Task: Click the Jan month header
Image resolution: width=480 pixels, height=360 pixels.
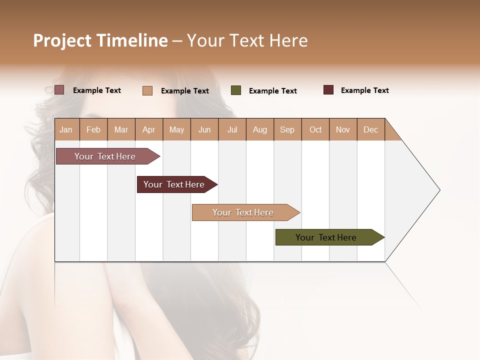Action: pos(66,129)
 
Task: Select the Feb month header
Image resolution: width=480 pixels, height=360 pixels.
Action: pos(93,129)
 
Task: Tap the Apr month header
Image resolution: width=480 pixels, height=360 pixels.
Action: pos(148,129)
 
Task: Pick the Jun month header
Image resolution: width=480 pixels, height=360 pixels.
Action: pos(204,129)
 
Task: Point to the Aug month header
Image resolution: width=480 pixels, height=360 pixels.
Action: pos(259,129)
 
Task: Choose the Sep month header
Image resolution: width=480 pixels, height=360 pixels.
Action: pos(287,129)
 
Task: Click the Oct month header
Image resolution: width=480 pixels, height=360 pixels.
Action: pos(315,129)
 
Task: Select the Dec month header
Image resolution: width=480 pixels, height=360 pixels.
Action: pos(370,129)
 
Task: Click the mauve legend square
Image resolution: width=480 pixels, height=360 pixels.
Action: pos(59,90)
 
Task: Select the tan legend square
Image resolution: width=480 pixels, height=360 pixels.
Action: pos(147,90)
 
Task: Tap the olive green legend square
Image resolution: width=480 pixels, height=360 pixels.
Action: pos(236,90)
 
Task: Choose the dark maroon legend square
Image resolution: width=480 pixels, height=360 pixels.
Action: pos(328,90)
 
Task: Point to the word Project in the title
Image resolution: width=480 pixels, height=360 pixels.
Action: pos(62,40)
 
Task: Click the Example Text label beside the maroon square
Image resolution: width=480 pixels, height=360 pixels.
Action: pos(364,90)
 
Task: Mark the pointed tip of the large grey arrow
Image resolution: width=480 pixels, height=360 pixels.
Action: pos(439,190)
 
